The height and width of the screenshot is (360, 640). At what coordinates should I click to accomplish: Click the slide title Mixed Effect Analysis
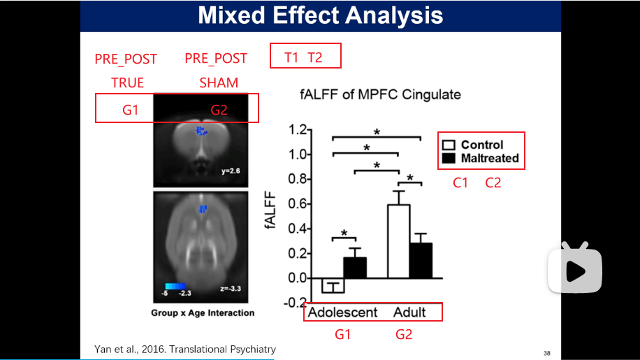point(320,15)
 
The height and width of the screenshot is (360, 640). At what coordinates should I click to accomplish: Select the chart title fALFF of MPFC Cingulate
point(381,94)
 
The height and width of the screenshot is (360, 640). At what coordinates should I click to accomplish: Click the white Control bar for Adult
point(399,240)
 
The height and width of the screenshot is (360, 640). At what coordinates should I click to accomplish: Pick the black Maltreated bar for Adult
point(421,260)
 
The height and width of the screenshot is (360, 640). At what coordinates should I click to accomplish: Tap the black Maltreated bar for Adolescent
point(355,267)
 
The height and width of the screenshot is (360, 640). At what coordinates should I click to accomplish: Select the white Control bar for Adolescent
point(333,285)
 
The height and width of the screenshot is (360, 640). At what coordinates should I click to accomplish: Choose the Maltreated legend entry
point(481,159)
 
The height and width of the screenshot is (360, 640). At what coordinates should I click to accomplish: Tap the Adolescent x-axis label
point(342,312)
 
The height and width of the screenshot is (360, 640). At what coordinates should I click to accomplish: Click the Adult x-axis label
point(409,312)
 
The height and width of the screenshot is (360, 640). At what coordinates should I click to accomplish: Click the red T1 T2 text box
point(305,57)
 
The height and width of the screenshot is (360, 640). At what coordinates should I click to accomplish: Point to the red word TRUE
point(127,82)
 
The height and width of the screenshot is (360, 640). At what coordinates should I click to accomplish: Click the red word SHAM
point(218,82)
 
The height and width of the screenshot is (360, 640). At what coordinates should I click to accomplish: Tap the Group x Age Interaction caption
point(203,312)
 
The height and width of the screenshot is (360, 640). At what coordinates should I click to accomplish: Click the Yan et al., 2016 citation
point(185,349)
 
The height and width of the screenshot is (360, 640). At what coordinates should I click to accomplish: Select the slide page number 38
point(546,353)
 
